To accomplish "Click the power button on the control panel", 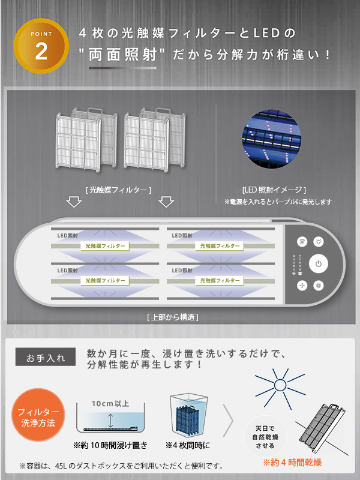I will [319, 263].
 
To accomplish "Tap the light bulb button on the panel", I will [319, 241].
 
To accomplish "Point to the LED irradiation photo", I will [270, 138].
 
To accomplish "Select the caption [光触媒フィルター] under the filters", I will [118, 190].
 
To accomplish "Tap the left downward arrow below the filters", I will [74, 202].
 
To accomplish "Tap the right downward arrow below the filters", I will [166, 202].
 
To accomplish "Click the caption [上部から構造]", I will [173, 316].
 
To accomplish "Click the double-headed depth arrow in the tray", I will [110, 419].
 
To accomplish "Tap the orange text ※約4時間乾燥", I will [292, 463].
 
